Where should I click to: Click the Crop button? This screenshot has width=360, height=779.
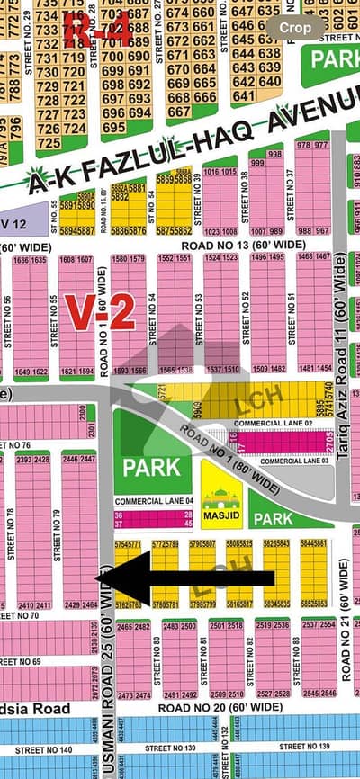click(294, 28)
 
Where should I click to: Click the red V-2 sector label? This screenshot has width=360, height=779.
click(100, 312)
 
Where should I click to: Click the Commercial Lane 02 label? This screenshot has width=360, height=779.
click(273, 423)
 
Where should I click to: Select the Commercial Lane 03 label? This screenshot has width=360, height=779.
click(288, 461)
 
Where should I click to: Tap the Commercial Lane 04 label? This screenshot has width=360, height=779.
click(154, 500)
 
